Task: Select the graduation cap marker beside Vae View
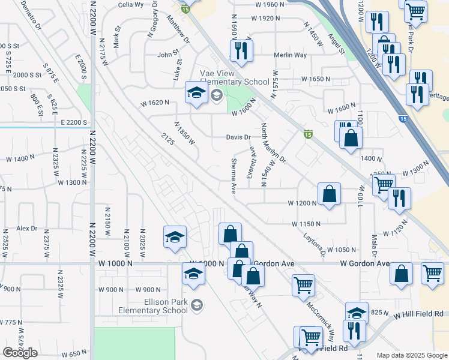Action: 196,94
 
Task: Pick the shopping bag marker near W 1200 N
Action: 329,194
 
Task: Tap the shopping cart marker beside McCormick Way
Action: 303,286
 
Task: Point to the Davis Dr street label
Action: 238,137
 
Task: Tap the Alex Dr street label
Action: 27,229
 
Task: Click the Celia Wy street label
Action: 131,4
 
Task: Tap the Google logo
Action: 20,353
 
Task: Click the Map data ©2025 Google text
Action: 411,355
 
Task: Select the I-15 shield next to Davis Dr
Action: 308,134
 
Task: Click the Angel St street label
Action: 336,43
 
